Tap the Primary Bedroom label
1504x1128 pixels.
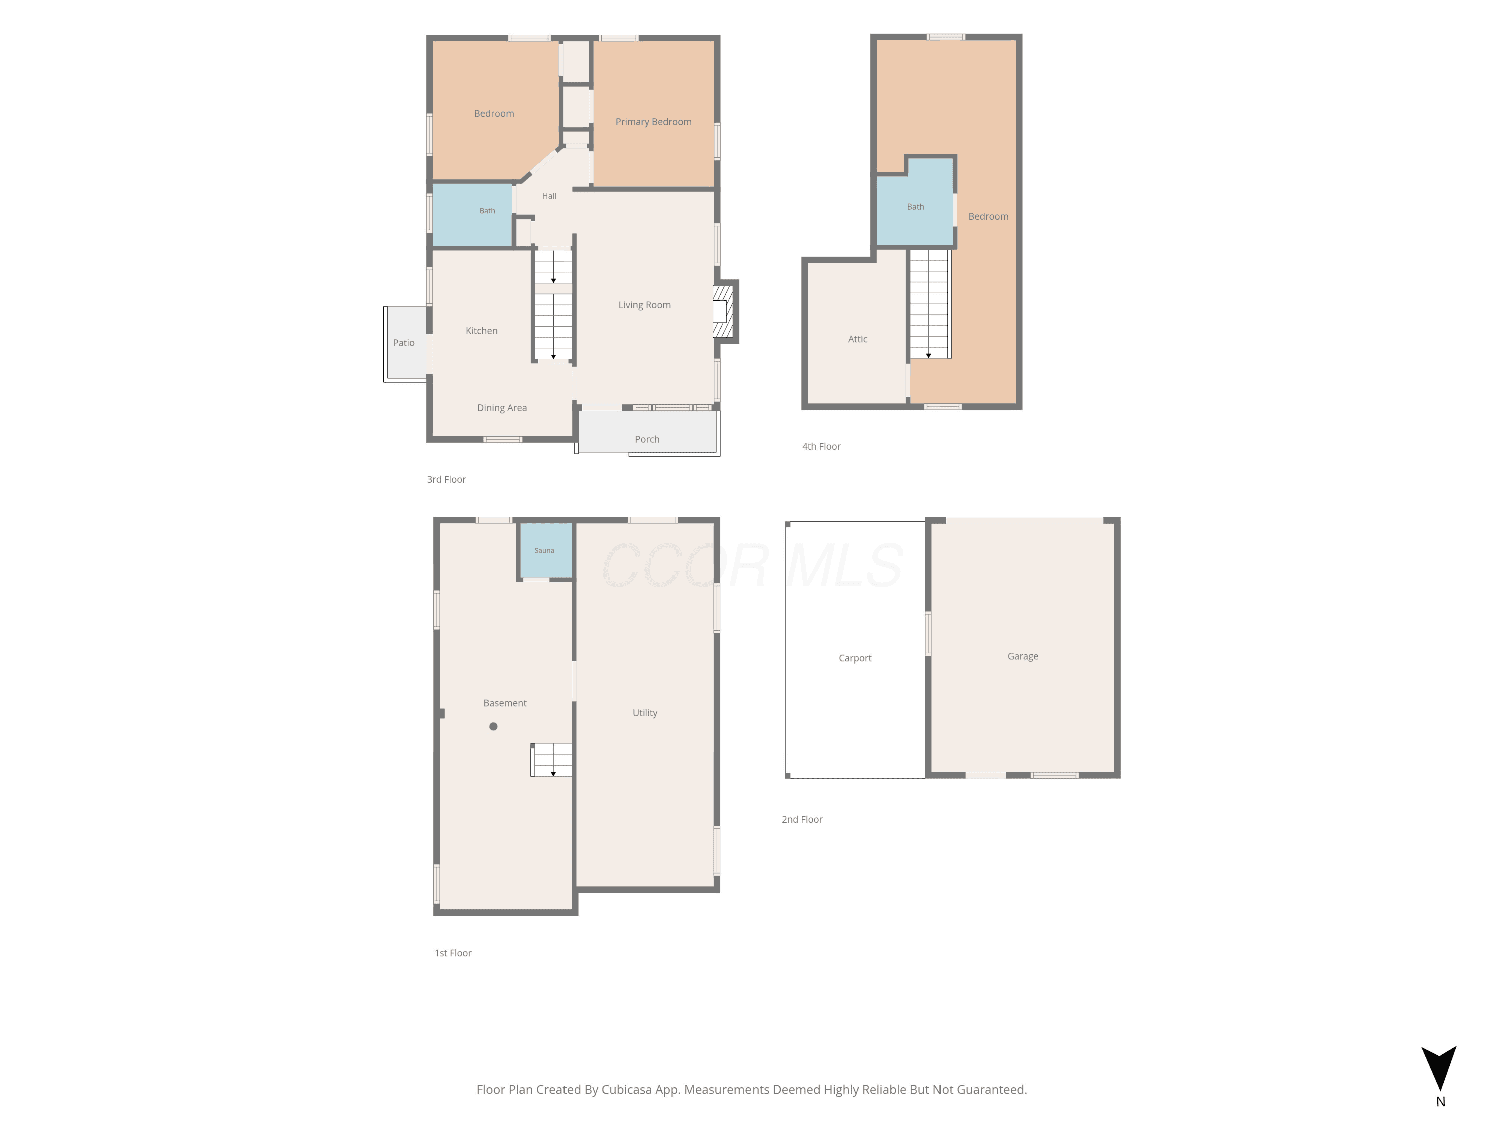pyautogui.click(x=653, y=122)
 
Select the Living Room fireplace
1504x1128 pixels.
pyautogui.click(x=723, y=311)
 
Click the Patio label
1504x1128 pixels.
pyautogui.click(x=403, y=343)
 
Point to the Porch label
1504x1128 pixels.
pyautogui.click(x=647, y=439)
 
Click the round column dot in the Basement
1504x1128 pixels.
pyautogui.click(x=494, y=726)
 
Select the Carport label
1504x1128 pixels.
pyautogui.click(x=855, y=658)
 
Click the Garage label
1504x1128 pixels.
pyautogui.click(x=1023, y=656)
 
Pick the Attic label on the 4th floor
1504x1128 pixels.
pyautogui.click(x=857, y=339)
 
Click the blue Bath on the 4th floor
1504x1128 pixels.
pyautogui.click(x=914, y=202)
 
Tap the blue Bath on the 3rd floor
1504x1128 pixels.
pyautogui.click(x=473, y=215)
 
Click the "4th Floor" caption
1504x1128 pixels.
pyautogui.click(x=821, y=447)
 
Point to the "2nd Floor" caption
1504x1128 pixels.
pyautogui.click(x=802, y=819)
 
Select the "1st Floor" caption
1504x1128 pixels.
pyautogui.click(x=453, y=953)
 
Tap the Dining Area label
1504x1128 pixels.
pyautogui.click(x=502, y=408)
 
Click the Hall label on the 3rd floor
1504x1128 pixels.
pyautogui.click(x=549, y=196)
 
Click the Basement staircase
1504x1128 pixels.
pyautogui.click(x=551, y=760)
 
